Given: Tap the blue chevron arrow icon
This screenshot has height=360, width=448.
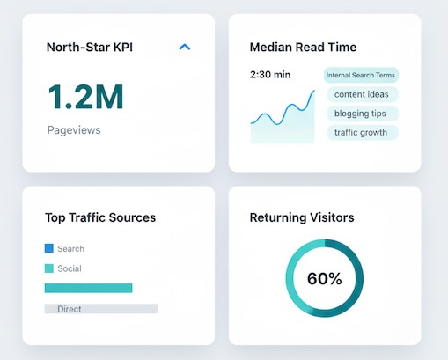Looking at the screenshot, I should (185, 47).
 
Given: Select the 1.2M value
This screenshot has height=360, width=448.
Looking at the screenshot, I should (85, 96).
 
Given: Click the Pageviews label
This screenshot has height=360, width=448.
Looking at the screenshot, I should (74, 129).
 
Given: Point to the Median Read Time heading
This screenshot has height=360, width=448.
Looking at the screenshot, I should (303, 47).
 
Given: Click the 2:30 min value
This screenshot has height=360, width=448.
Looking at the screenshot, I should (270, 75).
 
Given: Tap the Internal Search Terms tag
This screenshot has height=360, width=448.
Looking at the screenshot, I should (361, 75).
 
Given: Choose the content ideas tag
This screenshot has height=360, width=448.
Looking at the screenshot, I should (363, 94).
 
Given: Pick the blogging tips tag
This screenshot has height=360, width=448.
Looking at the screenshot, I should (363, 114).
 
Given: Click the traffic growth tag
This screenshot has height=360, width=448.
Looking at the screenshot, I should (363, 133).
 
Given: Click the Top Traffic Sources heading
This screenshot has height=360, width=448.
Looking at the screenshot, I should (100, 217).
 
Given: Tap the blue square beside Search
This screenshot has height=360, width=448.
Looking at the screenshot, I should (49, 249).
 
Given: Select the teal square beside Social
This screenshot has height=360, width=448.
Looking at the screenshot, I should (49, 268).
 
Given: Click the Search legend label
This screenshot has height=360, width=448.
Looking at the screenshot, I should (71, 249).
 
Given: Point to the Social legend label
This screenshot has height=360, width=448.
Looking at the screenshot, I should (70, 268).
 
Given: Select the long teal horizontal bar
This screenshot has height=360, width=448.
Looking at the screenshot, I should (88, 288).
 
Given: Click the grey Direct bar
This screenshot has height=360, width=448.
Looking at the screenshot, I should (101, 309).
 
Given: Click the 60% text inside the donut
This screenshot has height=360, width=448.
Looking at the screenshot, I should (324, 279).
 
